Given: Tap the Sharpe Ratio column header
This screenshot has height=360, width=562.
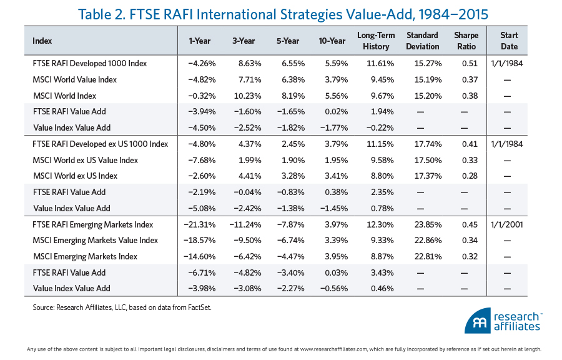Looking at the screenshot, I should tap(466, 41).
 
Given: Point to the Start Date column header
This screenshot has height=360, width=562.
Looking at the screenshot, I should tap(509, 41).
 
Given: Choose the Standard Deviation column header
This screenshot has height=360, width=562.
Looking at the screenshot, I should tap(422, 41).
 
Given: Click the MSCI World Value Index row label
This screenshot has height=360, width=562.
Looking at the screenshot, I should tap(74, 79).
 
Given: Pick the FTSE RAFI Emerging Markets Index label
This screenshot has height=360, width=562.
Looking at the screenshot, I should tap(92, 224).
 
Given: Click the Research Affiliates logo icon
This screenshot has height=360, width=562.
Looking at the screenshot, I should tap(478, 321).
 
